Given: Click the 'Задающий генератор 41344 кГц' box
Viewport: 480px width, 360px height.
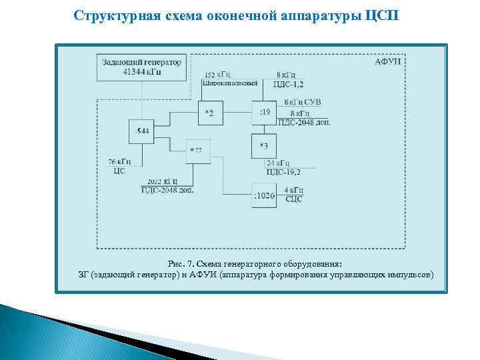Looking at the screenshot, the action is pos(141,67).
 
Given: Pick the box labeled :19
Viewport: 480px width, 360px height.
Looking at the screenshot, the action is pos(265,113).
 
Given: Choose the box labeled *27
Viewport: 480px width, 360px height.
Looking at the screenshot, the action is pos(196,151).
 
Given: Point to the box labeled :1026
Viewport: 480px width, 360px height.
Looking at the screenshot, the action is pos(265,195).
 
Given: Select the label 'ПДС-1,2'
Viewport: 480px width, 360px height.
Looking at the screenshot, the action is pos(287,84).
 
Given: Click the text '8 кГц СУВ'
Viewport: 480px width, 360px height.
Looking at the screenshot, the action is pos(303,103).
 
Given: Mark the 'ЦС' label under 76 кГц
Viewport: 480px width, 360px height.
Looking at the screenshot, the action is pos(119,170).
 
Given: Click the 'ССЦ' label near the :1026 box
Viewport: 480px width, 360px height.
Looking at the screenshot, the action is pos(293,198).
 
